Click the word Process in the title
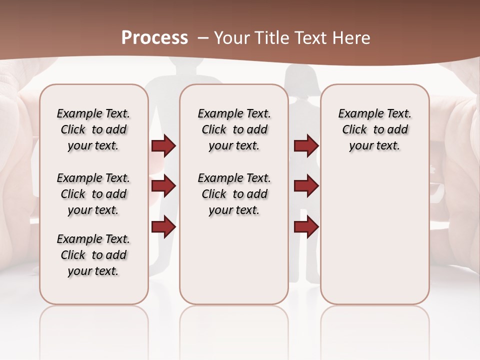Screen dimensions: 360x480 click(x=154, y=38)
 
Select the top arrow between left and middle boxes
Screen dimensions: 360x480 click(x=163, y=145)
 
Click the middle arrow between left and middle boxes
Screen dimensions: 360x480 click(x=163, y=186)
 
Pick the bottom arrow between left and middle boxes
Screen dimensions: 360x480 click(x=163, y=226)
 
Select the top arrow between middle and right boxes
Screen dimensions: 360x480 click(x=306, y=145)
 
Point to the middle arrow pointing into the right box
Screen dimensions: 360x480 click(x=306, y=186)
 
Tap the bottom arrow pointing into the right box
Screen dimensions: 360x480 click(x=306, y=226)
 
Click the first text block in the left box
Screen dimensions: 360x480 click(x=93, y=129)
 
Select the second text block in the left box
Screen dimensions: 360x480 click(x=93, y=194)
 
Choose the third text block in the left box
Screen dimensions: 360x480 click(x=93, y=255)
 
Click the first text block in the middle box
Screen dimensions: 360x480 click(x=234, y=129)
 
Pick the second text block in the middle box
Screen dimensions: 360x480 click(x=234, y=194)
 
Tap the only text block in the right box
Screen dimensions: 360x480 click(x=374, y=129)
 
